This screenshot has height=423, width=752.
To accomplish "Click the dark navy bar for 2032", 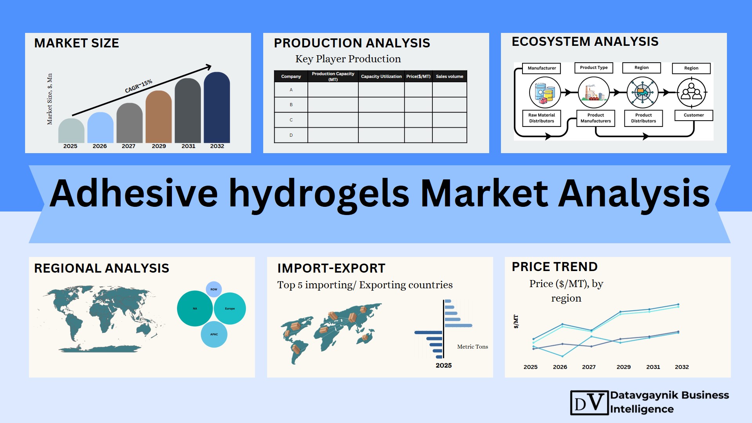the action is (x=217, y=107).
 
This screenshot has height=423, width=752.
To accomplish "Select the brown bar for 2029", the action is (x=159, y=117).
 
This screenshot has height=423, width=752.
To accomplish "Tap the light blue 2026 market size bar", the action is (x=100, y=128).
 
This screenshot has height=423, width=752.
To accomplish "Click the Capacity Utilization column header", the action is (x=381, y=76).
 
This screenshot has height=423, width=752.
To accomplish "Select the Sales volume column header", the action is (x=449, y=76).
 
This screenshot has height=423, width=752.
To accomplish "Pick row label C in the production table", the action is (x=291, y=120).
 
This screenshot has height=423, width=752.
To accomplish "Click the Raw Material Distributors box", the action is (x=542, y=118).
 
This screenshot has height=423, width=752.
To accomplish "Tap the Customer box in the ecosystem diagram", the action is (x=694, y=115).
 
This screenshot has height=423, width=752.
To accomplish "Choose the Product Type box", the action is (x=594, y=68).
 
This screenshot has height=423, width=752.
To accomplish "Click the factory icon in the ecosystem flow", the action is (x=594, y=93).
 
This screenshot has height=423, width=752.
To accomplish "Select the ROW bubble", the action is (x=214, y=289).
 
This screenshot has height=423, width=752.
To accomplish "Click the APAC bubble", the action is (x=214, y=334).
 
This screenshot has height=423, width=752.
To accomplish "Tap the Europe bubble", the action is (x=230, y=309).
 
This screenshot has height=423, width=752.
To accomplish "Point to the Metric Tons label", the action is (x=473, y=347).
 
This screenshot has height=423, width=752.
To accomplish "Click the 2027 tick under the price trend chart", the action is (x=589, y=367).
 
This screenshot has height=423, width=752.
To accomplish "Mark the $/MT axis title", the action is (x=516, y=322).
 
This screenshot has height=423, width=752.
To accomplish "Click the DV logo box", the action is (x=589, y=403).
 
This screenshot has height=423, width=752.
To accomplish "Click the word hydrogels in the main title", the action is (x=319, y=194).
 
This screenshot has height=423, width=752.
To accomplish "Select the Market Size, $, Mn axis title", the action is (x=50, y=99).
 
